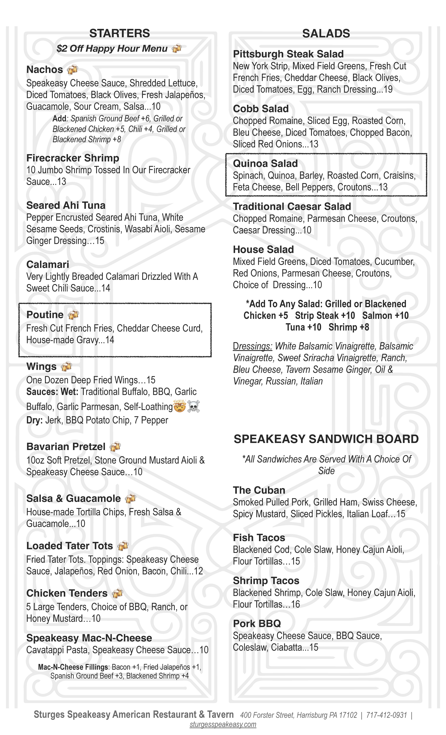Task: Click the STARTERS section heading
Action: [x=120, y=33]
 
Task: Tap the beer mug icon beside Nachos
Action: [x=72, y=69]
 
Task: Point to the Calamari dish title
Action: [x=48, y=264]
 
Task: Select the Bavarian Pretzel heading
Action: [x=66, y=447]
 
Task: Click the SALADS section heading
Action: [x=326, y=33]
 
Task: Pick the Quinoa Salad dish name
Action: [x=265, y=163]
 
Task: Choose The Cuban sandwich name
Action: [x=259, y=490]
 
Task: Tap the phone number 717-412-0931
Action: [x=386, y=715]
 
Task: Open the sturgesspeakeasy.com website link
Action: [x=223, y=725]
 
